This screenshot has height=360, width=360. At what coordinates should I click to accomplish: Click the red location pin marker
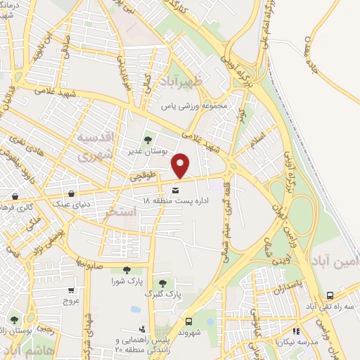(x=181, y=166)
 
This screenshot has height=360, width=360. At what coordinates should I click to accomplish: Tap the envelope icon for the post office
(x=175, y=188)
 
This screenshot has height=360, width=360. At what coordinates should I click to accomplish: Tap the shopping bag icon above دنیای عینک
(x=72, y=194)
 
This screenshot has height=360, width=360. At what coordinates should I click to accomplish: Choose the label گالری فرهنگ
(x=15, y=207)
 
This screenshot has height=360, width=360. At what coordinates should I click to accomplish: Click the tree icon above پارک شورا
(x=127, y=269)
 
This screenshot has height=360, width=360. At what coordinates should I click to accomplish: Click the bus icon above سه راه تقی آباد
(x=330, y=296)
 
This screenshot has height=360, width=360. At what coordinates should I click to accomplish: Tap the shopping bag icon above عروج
(x=71, y=290)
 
